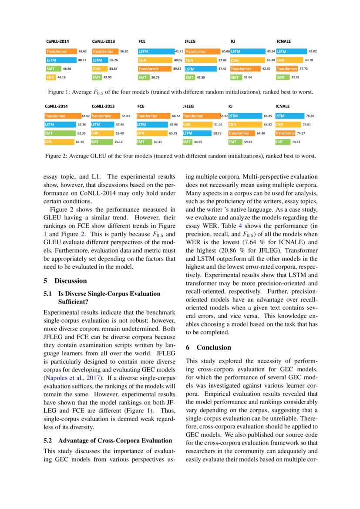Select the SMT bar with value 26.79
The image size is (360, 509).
[x=143, y=78]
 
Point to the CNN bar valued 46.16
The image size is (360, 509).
[x=50, y=78]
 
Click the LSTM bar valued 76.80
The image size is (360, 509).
[x=289, y=116]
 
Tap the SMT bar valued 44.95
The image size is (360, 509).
[x=188, y=142]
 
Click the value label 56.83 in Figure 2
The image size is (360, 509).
[x=127, y=116]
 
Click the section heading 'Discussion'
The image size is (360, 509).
[x=71, y=281]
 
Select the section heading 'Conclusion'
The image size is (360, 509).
[x=214, y=347]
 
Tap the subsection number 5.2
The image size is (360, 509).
[x=49, y=440]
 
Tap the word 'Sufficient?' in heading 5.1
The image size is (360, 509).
[x=74, y=301]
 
